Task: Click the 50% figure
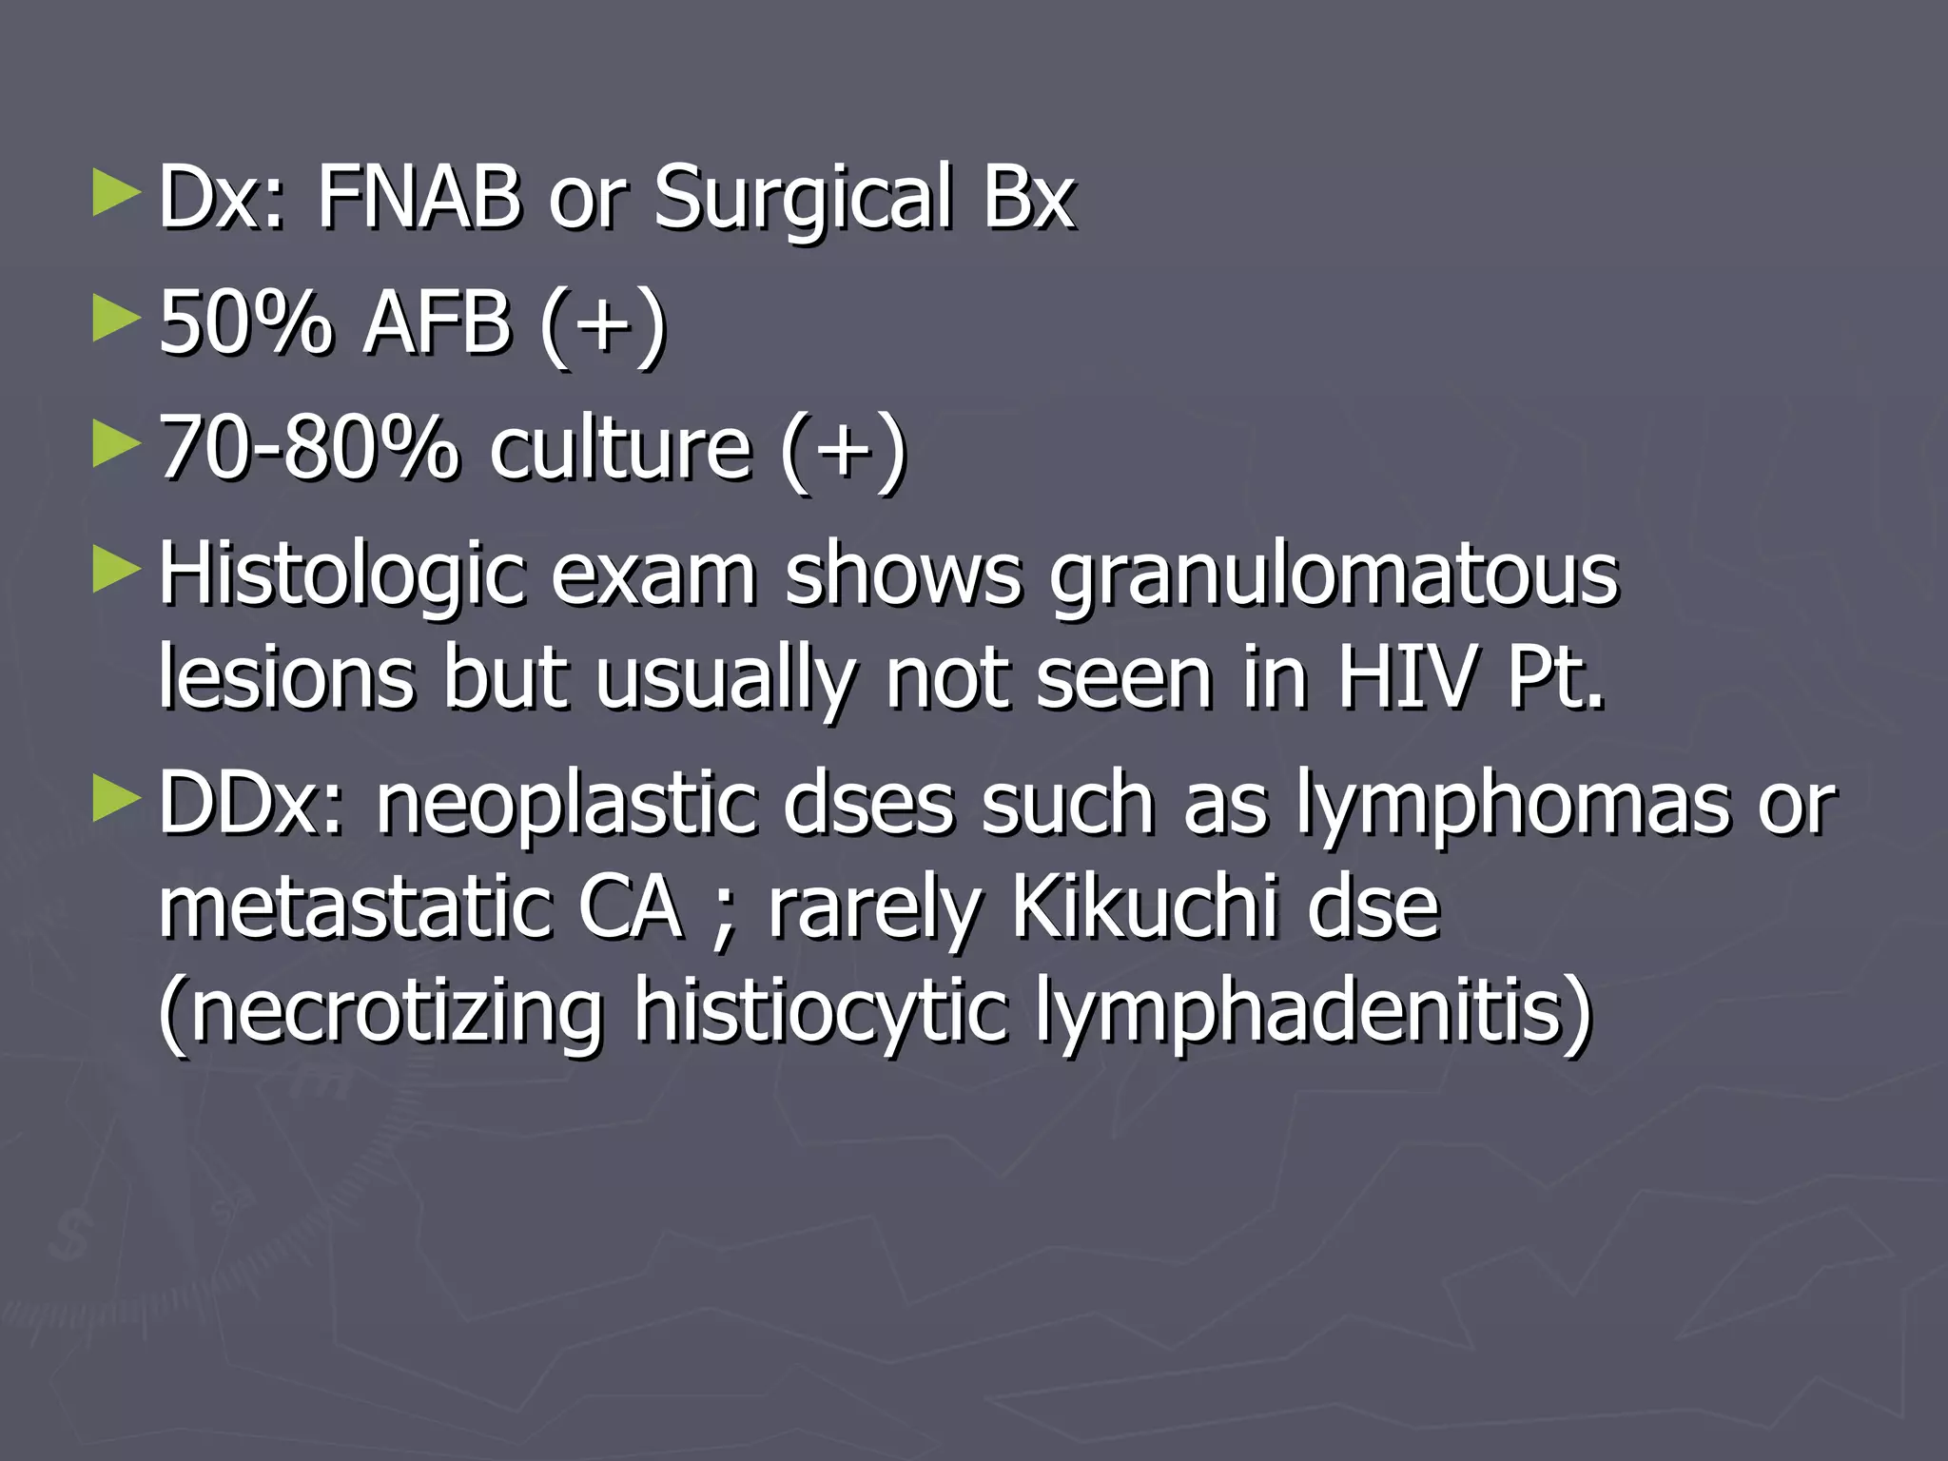pyautogui.click(x=246, y=323)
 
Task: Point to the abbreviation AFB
pyautogui.click(x=437, y=323)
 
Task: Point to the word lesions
pyautogui.click(x=286, y=677)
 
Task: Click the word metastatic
pyautogui.click(x=353, y=907)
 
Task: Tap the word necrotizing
pyautogui.click(x=380, y=1010)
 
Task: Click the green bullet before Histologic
pyautogui.click(x=116, y=571)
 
